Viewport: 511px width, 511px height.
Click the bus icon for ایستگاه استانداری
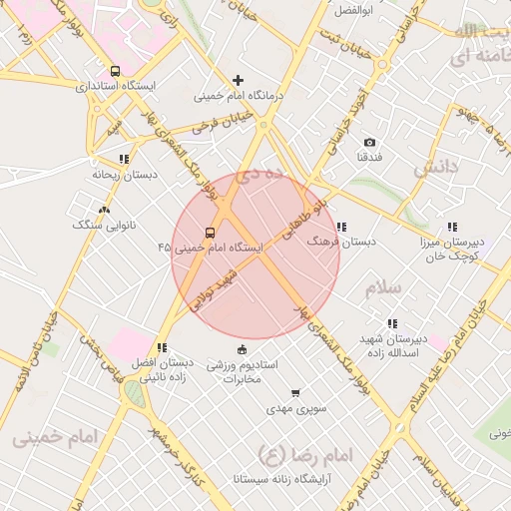(116, 71)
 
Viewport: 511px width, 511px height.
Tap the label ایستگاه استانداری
(116, 87)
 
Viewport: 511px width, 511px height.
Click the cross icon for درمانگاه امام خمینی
(238, 80)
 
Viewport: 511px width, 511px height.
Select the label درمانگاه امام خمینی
(238, 97)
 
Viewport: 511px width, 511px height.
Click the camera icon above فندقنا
(369, 143)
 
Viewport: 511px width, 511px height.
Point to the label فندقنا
(369, 158)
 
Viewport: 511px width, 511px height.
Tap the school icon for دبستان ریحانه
(124, 159)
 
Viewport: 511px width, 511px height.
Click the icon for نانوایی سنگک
(105, 210)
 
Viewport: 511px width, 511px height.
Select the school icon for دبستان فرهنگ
(342, 227)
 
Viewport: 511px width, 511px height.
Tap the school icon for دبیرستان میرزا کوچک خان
(452, 227)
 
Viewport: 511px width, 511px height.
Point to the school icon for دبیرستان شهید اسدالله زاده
(391, 323)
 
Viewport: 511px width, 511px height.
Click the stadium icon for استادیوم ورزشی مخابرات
(241, 349)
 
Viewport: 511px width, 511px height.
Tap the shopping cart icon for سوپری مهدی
(294, 393)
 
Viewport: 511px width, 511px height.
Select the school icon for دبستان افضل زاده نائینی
(162, 347)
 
